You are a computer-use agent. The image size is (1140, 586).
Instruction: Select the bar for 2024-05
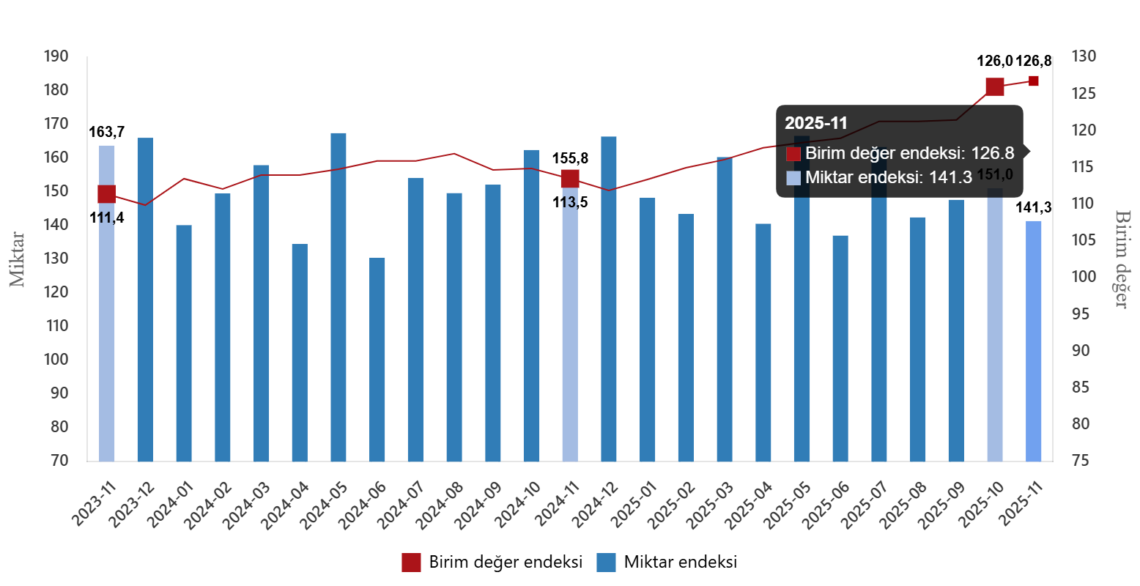(338, 297)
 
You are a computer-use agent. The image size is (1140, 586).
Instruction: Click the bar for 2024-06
(377, 359)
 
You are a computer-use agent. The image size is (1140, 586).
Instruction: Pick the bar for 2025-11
(1034, 341)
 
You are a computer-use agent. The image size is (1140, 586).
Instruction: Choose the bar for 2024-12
(609, 299)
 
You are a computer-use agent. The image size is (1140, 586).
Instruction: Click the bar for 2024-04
(300, 352)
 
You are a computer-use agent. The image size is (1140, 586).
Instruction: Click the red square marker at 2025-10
(994, 87)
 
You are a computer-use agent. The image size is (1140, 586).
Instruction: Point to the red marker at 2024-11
(570, 179)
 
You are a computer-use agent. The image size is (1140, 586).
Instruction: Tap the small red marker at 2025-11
(1034, 81)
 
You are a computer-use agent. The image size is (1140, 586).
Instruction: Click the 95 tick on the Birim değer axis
(1081, 314)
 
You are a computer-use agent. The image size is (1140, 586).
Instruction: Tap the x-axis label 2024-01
(169, 504)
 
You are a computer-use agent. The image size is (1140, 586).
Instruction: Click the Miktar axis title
(18, 259)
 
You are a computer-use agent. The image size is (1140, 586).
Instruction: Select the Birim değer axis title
(1122, 259)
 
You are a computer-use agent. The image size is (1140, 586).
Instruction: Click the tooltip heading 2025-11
(816, 123)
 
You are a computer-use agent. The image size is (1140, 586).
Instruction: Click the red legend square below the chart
(411, 563)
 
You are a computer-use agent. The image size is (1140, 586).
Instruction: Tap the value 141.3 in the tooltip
(952, 177)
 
